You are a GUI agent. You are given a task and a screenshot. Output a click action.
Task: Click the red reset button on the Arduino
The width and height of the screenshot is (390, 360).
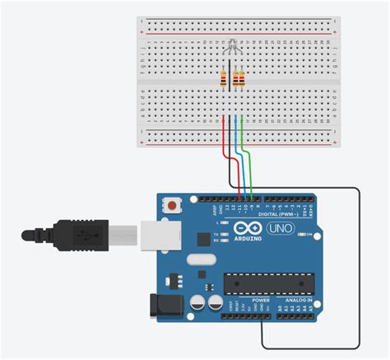(172, 204)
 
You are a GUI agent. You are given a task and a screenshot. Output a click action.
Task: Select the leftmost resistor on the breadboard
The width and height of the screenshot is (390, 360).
(224, 79)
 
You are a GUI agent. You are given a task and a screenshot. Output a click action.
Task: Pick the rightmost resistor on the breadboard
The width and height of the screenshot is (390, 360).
(241, 79)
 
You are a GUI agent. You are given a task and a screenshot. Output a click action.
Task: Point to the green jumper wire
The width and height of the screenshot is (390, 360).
(246, 152)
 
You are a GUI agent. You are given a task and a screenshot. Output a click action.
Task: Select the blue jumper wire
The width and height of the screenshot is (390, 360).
(238, 152)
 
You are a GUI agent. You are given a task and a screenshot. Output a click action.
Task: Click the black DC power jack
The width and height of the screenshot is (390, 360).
(161, 306)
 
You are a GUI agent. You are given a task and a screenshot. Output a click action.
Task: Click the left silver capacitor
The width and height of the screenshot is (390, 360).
(196, 304)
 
